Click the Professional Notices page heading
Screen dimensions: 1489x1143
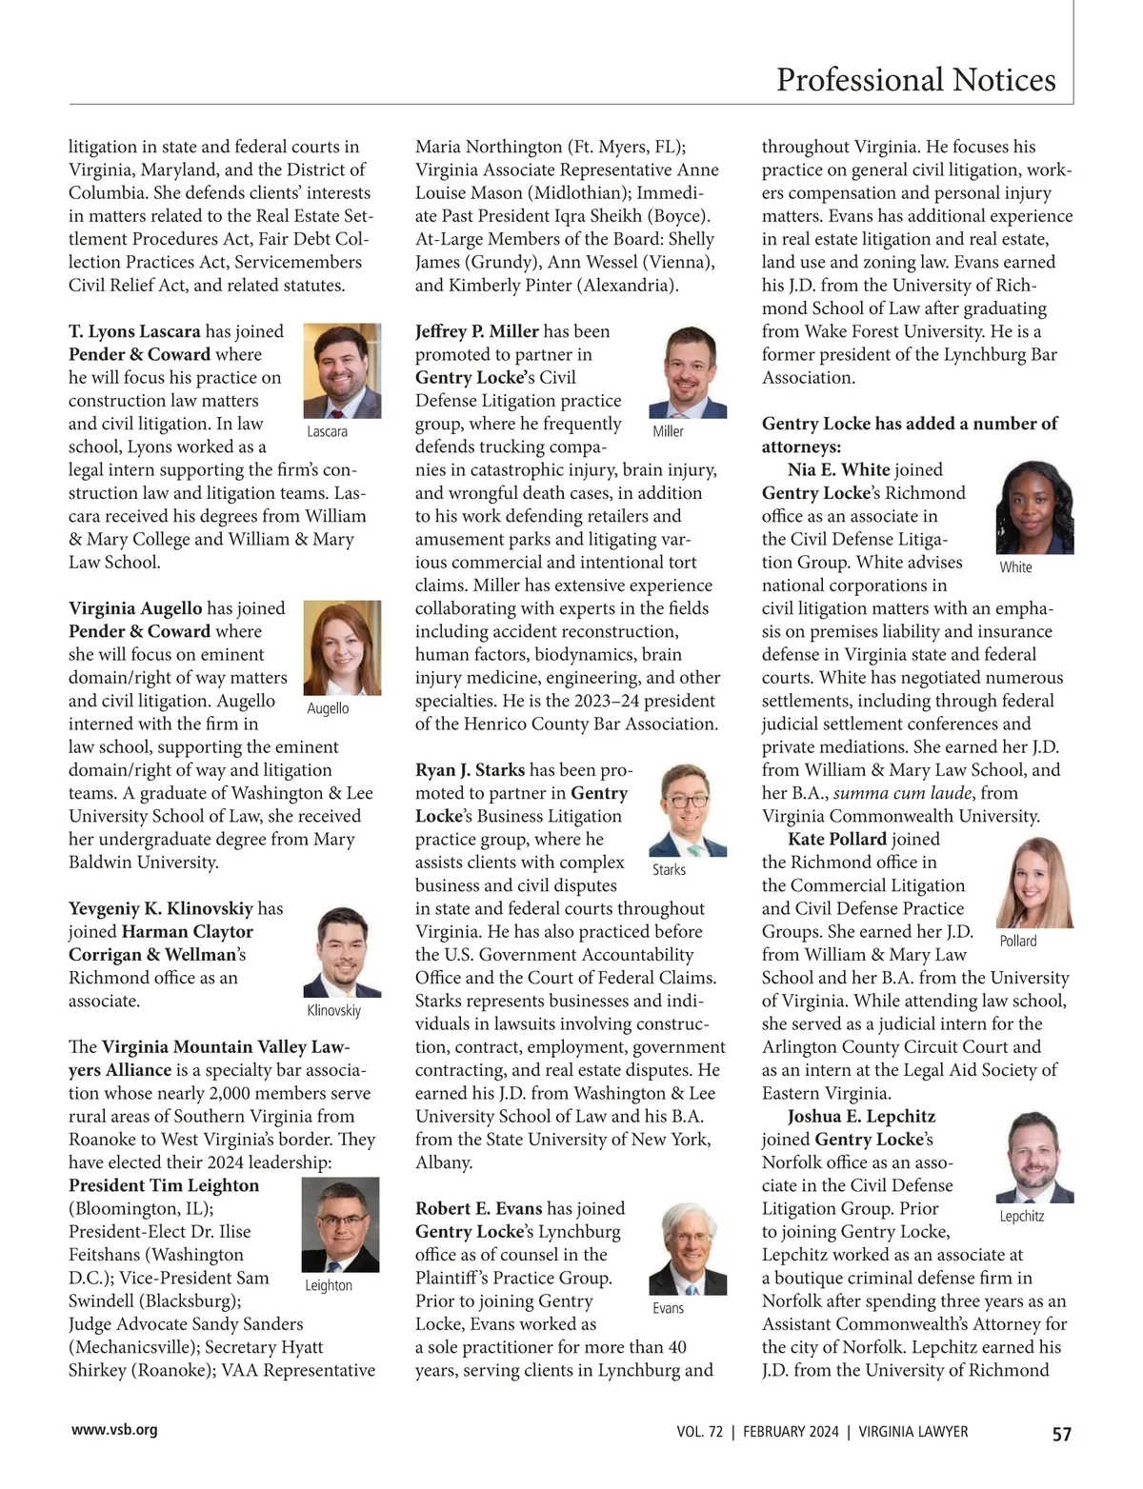point(915,80)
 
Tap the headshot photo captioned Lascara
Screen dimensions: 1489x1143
point(342,371)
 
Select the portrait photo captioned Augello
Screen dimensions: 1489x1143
point(342,647)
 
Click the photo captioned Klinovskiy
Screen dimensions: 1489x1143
point(342,951)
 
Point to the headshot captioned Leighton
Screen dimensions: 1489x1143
point(340,1225)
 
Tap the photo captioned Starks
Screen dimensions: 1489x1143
point(688,810)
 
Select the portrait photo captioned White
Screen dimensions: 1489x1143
point(1034,508)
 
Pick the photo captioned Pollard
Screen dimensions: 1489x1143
point(1034,883)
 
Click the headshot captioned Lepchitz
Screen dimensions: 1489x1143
point(1034,1158)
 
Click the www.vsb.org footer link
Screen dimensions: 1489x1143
point(115,1430)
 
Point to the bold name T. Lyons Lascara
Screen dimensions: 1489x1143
point(134,331)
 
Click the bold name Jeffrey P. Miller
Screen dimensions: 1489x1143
point(477,331)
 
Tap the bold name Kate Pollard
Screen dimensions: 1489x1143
point(837,839)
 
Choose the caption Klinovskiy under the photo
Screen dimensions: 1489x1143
point(334,1010)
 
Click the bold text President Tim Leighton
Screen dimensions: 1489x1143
point(164,1185)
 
